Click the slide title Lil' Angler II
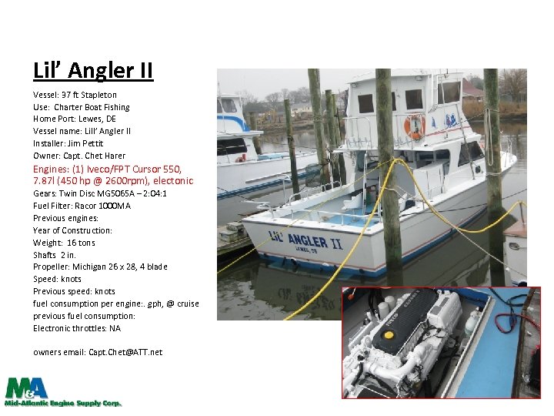point(93,71)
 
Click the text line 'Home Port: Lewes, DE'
point(75,119)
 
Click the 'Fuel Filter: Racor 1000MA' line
point(82,206)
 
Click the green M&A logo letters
point(27,387)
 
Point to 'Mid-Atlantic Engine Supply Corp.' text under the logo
point(63,403)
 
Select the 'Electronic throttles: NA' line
point(77,328)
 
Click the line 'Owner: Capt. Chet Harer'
point(79,156)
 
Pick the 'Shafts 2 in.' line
point(55,255)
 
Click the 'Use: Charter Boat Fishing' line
point(82,107)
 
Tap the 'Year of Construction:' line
point(72,230)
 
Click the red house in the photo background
point(471,93)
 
